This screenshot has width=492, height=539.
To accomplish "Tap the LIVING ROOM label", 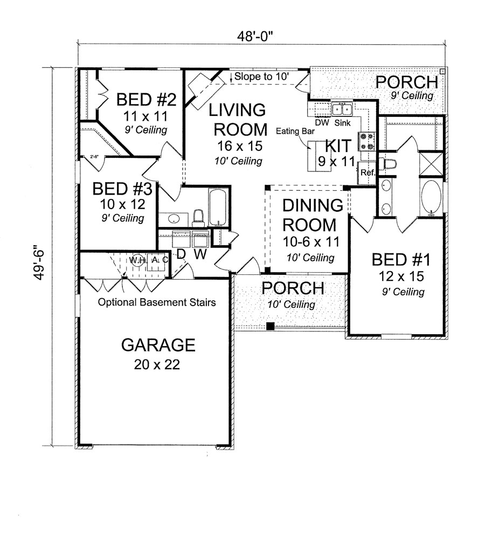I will coord(238,119).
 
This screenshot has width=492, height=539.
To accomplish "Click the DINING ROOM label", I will coord(306,215).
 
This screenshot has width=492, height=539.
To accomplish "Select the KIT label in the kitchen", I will coord(338,145).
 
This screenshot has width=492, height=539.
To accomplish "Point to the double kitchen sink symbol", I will coord(342,109).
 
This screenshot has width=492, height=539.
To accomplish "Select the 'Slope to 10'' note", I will coord(262,77).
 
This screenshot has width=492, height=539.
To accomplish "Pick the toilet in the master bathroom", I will coord(387,163).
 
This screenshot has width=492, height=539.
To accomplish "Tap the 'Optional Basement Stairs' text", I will coord(157,302).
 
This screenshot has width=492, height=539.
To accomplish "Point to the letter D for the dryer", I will coord(181,254).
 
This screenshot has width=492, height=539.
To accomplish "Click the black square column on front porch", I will coord(271,326).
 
